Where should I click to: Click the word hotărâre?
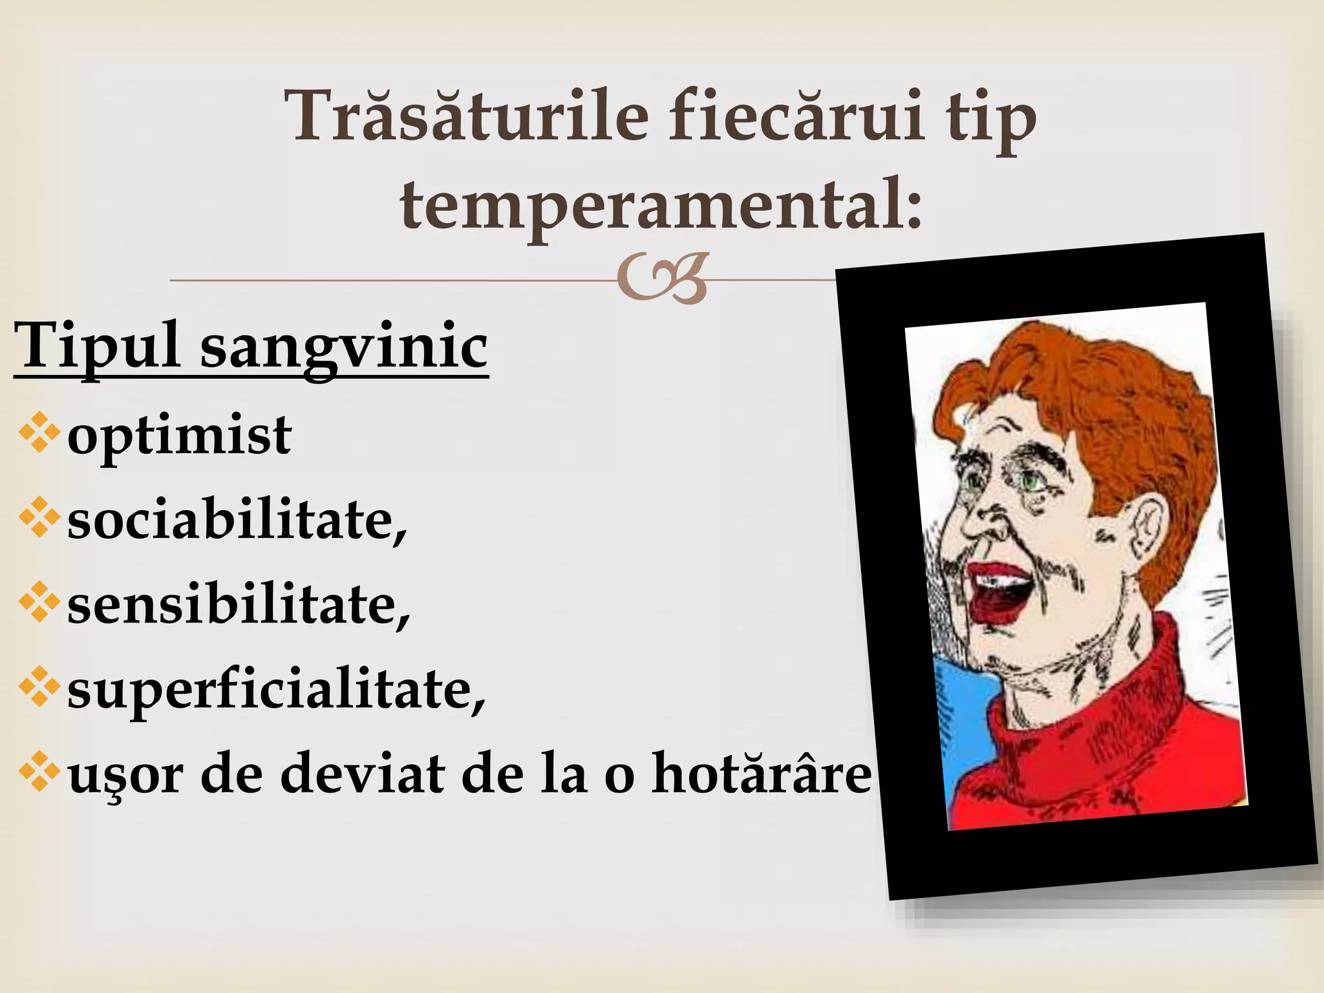click(762, 774)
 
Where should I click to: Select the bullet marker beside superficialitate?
click(39, 687)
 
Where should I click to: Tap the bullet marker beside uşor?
click(39, 771)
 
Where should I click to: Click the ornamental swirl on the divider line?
click(662, 279)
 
